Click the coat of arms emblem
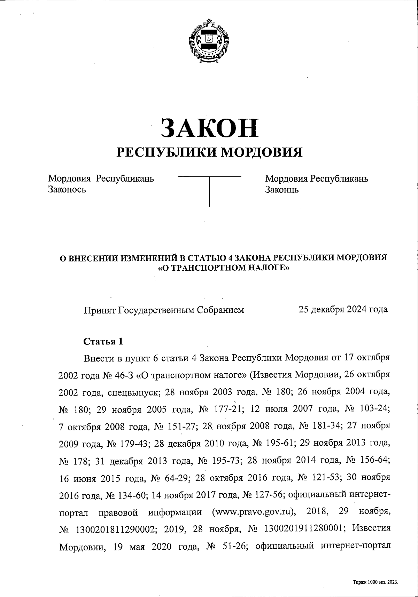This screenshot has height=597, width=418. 209,41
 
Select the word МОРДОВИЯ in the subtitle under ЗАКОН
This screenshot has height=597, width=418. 261,152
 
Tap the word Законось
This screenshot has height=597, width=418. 67,190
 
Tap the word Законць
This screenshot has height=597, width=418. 282,190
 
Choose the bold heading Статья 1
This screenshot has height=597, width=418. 103,341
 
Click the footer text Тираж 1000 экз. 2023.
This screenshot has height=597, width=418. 375,582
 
